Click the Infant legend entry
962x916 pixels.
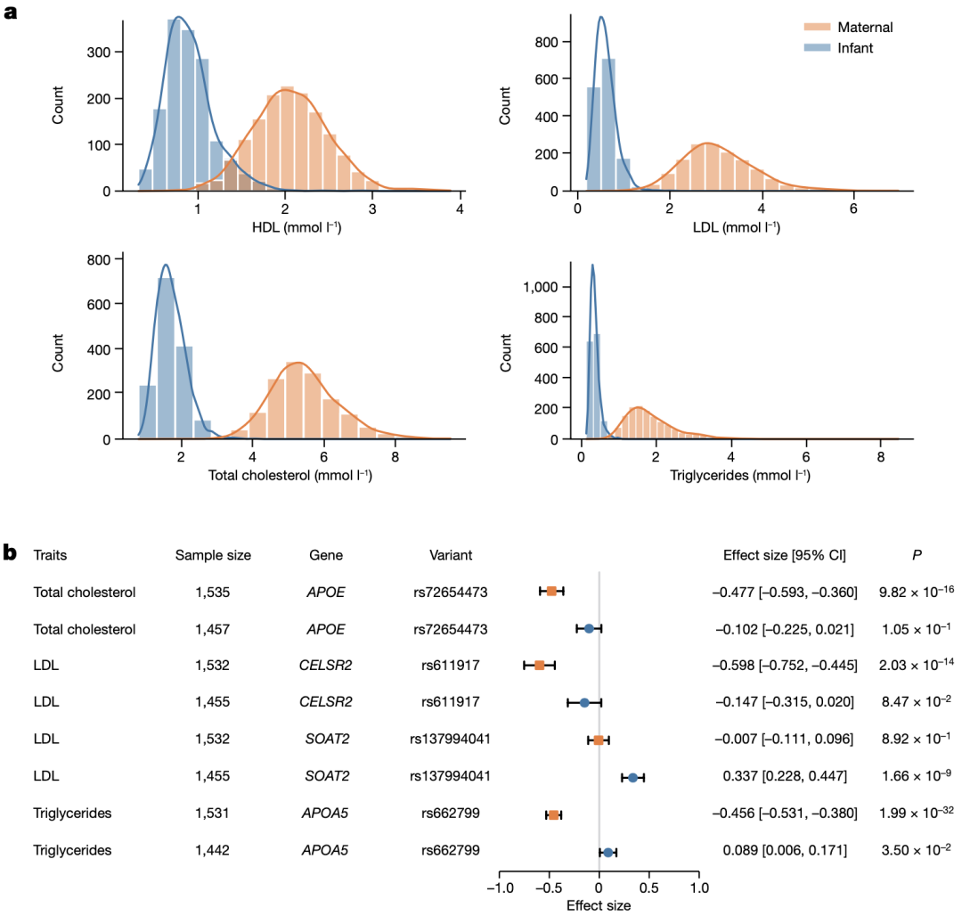[854, 48]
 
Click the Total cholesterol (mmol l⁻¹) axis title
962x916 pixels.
[289, 475]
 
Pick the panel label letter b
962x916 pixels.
[11, 553]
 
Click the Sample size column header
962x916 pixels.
[213, 555]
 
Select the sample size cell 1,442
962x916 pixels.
[213, 850]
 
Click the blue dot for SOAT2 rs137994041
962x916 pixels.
[633, 778]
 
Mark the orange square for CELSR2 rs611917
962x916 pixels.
[539, 666]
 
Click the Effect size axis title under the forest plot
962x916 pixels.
[599, 905]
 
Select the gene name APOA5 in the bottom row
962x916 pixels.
[325, 850]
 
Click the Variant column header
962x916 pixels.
[450, 555]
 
